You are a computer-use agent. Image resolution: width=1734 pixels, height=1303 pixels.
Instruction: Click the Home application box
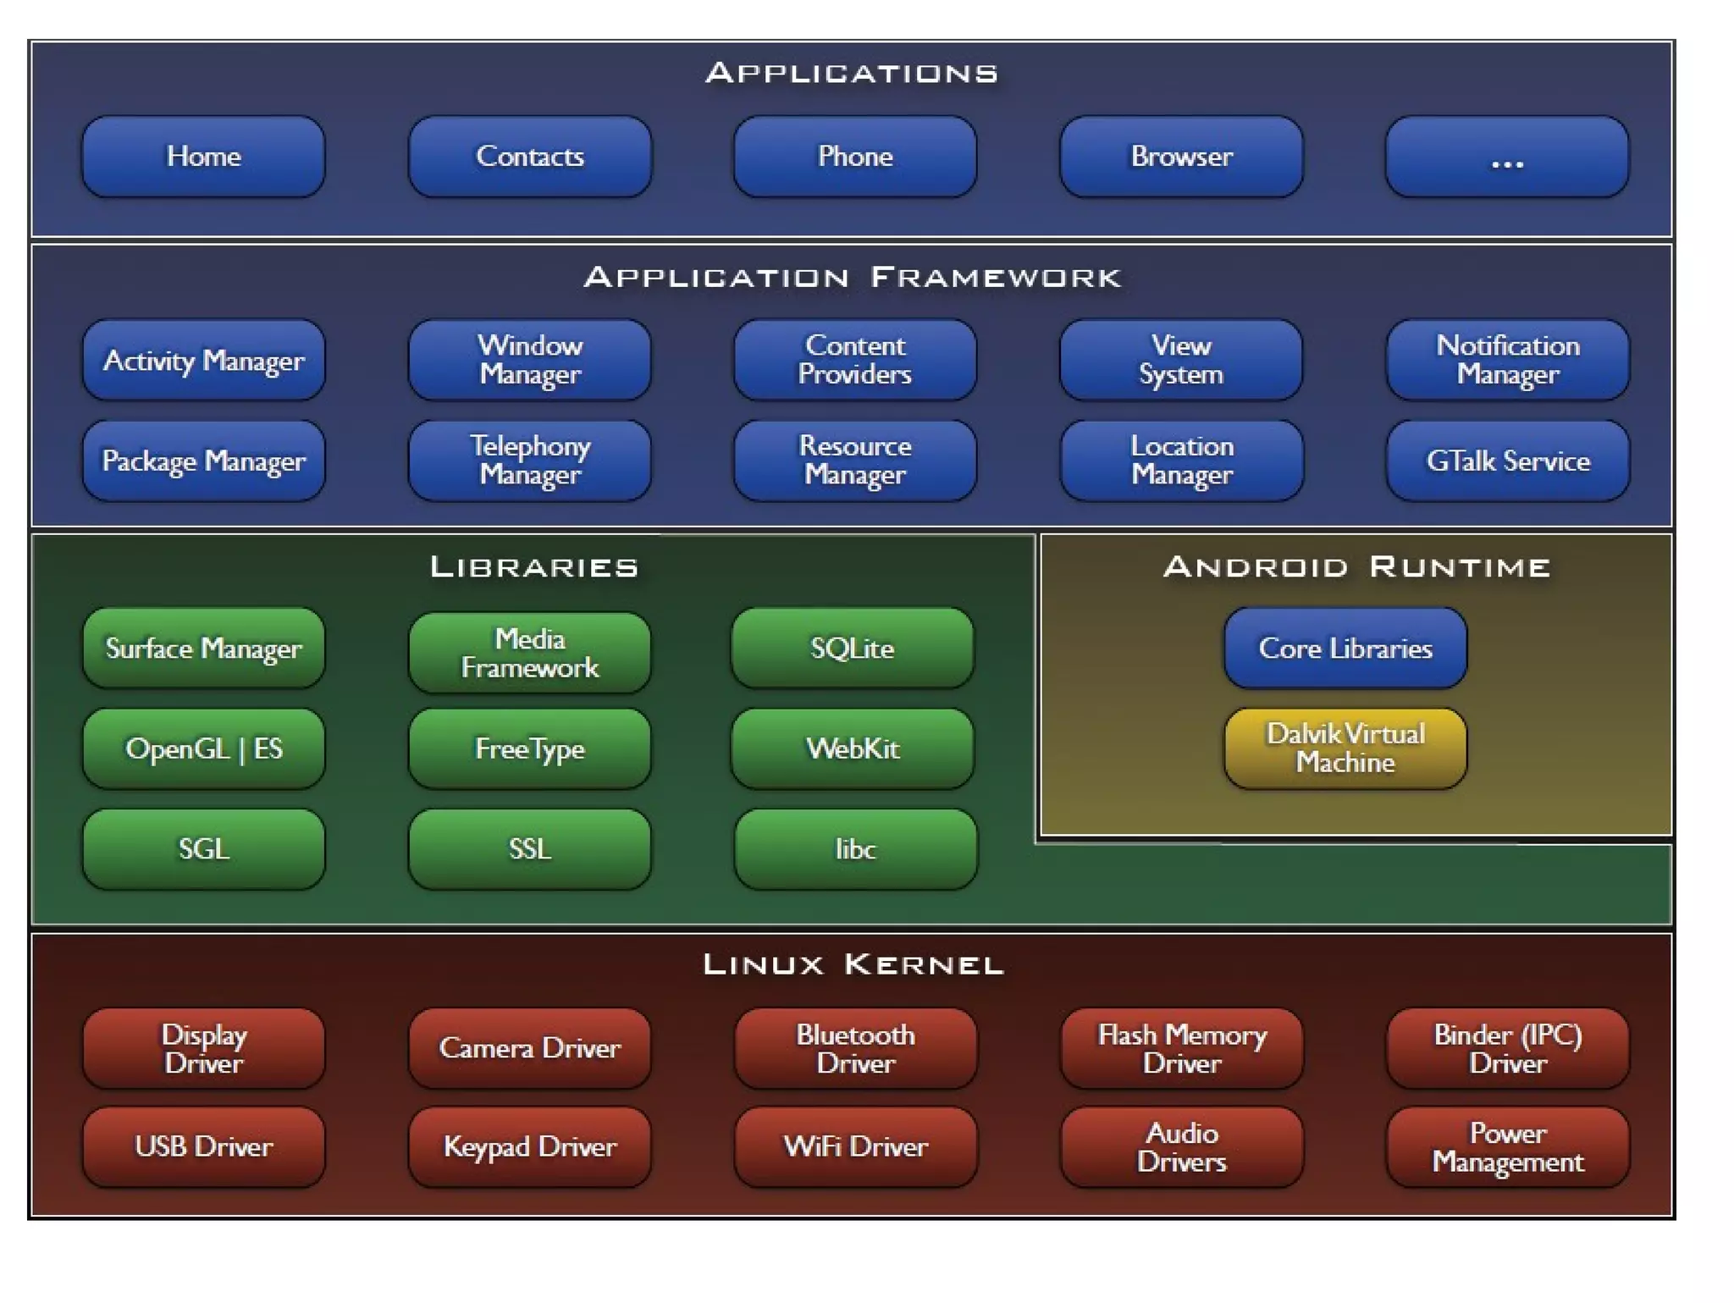(x=203, y=157)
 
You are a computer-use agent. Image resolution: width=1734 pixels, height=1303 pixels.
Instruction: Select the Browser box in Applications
(x=1181, y=157)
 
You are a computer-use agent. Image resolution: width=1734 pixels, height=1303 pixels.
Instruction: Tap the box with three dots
(x=1507, y=157)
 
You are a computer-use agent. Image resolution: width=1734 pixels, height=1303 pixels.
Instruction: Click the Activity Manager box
(x=203, y=361)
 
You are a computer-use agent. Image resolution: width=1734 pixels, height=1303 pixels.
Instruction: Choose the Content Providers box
(x=855, y=361)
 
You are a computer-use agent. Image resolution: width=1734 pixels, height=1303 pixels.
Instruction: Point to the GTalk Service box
(x=1508, y=461)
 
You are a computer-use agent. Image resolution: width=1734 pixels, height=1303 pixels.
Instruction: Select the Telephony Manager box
(x=530, y=461)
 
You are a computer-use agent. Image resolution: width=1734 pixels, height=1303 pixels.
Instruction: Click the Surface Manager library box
(x=203, y=649)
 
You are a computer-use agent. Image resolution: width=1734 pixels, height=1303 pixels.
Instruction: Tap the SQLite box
(x=853, y=649)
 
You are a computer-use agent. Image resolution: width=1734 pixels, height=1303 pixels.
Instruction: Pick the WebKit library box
(x=853, y=749)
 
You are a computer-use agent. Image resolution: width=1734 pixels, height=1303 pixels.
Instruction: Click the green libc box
(x=855, y=849)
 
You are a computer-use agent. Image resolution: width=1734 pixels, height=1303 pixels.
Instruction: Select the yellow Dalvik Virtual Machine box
(x=1345, y=749)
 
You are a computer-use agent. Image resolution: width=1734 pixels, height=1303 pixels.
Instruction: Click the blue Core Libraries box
(x=1345, y=649)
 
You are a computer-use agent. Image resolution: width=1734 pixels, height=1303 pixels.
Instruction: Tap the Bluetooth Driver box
(x=855, y=1049)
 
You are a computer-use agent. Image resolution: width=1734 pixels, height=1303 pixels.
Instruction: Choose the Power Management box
(x=1508, y=1148)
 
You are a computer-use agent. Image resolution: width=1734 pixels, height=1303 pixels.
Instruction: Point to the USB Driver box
(x=203, y=1148)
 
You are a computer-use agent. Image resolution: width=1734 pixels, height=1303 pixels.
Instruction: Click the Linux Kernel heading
(x=853, y=965)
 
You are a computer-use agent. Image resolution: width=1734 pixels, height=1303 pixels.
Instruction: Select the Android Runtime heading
(x=1356, y=567)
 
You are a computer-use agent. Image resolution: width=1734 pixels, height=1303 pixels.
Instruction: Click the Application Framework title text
(x=853, y=278)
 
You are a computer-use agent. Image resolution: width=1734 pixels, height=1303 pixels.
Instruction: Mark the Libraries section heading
(x=534, y=567)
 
